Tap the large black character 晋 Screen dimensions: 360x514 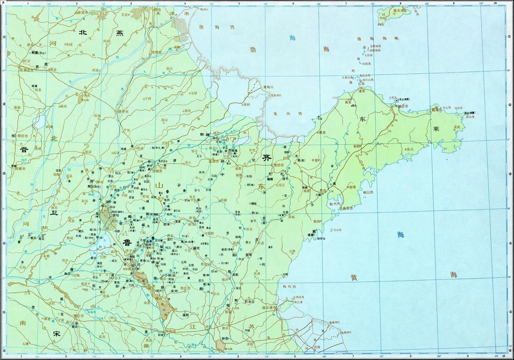point(23,150)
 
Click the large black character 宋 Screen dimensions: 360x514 point(57,333)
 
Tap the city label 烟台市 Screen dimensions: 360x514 point(403,107)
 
